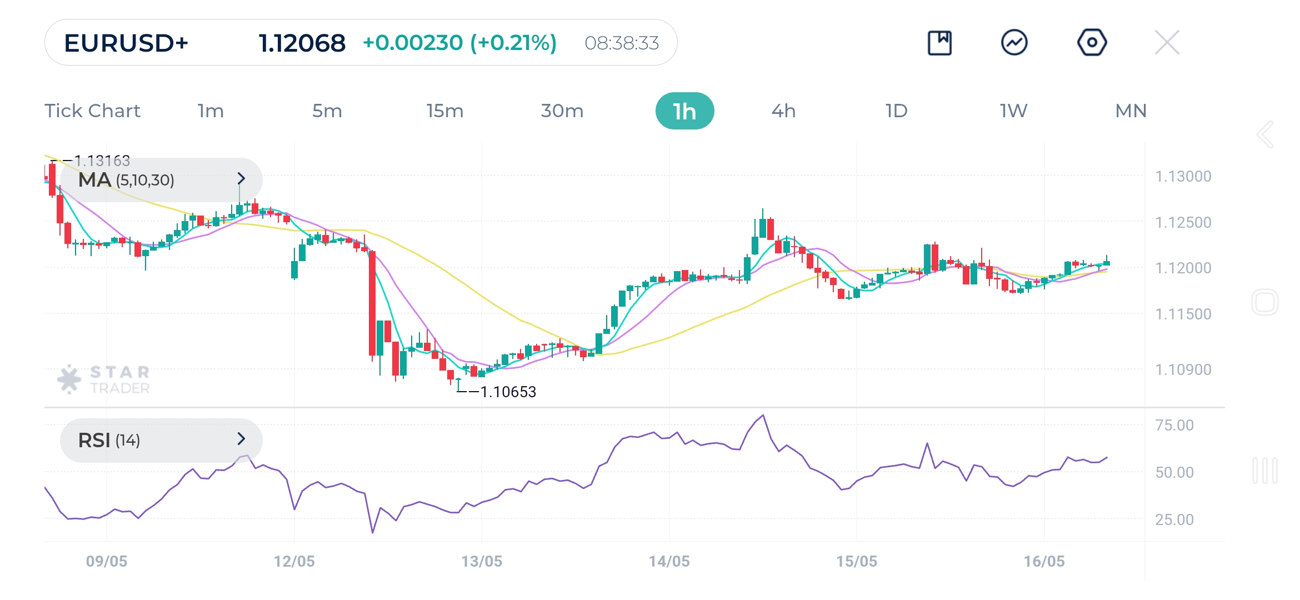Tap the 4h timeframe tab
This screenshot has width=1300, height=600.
[783, 111]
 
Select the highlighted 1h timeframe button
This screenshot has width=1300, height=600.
[684, 111]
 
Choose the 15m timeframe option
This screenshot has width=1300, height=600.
[444, 111]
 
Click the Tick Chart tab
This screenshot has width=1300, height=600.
[92, 111]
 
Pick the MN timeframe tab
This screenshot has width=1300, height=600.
[1131, 111]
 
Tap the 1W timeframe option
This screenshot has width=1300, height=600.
[1013, 111]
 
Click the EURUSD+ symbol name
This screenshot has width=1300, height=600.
[126, 43]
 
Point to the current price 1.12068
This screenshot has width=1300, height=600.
[302, 43]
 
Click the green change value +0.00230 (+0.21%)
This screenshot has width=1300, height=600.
[459, 43]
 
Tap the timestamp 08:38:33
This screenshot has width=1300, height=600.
[622, 43]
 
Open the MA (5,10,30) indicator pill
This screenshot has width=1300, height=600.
[161, 179]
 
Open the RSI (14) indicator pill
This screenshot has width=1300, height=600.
[161, 440]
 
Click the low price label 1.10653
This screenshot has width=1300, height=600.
[508, 392]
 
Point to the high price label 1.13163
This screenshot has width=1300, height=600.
[102, 161]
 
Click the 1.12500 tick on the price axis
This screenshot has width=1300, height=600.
[1183, 222]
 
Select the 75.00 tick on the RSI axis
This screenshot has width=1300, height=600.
[1174, 425]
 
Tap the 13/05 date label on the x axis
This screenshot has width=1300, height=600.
[481, 561]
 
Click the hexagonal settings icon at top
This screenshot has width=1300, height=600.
[1092, 43]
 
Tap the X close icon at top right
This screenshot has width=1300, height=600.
[1167, 43]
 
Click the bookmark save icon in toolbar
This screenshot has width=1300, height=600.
[939, 43]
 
